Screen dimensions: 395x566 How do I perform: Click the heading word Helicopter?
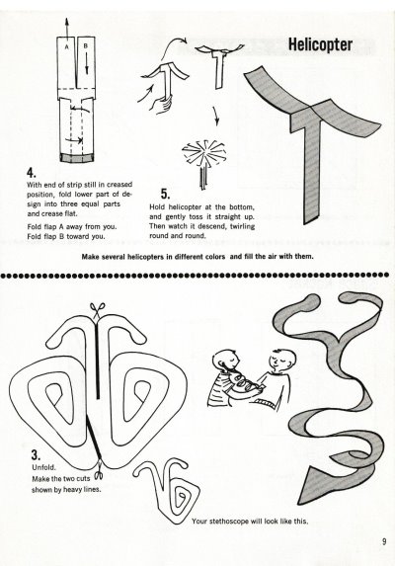320,45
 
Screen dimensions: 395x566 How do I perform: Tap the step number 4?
32,173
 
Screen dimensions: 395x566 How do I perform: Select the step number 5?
165,194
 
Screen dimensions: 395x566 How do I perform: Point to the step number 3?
36,454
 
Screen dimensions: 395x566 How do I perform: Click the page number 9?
384,541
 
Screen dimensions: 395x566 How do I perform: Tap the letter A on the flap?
66,46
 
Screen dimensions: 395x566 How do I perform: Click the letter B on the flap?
86,45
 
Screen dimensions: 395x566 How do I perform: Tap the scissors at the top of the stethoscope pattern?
98,310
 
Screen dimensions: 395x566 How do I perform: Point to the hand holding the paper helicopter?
161,104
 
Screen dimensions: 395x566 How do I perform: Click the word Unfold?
44,467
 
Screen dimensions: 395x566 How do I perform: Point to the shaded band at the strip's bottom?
76,157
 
